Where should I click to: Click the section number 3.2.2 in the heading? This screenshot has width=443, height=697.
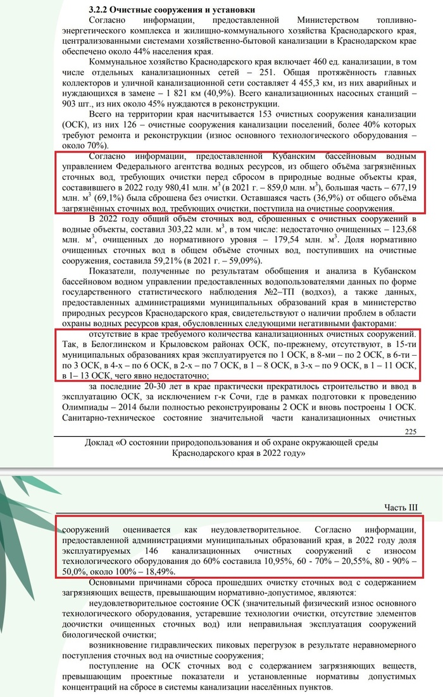(101, 10)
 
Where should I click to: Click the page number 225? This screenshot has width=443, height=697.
(409, 431)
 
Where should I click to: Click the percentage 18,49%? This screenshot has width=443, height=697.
(159, 570)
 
